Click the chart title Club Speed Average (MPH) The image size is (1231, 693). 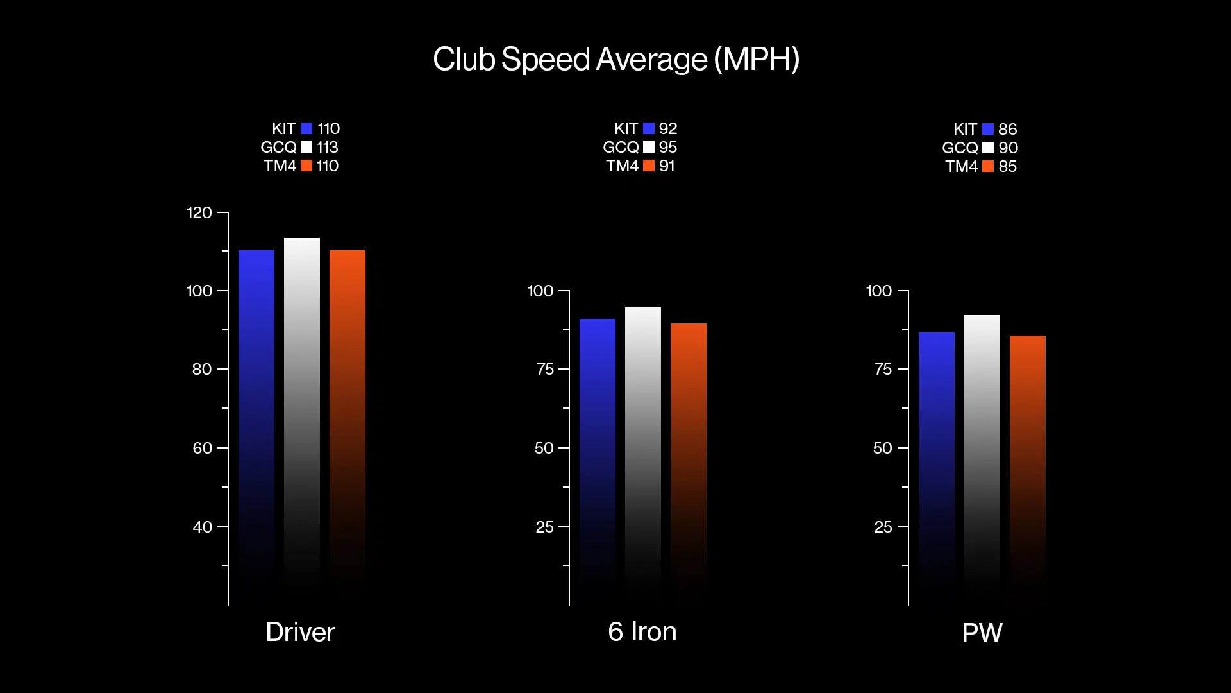click(x=615, y=59)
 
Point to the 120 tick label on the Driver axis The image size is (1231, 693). click(x=199, y=212)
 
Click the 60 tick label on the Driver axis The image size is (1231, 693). click(x=203, y=448)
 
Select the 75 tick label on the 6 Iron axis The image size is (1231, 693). click(x=545, y=369)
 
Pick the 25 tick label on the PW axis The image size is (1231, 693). click(x=883, y=527)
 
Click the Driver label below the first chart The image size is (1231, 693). click(x=300, y=632)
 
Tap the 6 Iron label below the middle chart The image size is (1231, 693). click(x=642, y=632)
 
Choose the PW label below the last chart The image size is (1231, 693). click(x=982, y=633)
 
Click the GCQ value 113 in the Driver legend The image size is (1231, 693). click(x=328, y=147)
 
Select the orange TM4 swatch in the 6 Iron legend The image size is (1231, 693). click(x=649, y=166)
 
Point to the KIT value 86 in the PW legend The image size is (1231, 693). click(x=1008, y=129)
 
